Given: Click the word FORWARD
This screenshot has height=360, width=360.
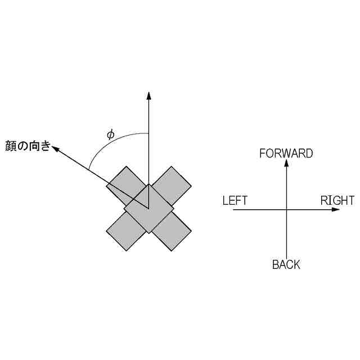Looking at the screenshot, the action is pyautogui.click(x=286, y=153).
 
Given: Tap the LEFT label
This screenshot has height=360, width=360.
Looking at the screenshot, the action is pyautogui.click(x=235, y=200).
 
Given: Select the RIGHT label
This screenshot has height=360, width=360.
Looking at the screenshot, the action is pyautogui.click(x=337, y=200).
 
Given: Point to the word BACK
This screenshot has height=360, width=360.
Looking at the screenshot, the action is pyautogui.click(x=286, y=264).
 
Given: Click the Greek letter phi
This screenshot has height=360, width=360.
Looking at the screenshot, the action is pyautogui.click(x=110, y=134).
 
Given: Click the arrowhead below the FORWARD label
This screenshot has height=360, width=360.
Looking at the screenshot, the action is pyautogui.click(x=287, y=163).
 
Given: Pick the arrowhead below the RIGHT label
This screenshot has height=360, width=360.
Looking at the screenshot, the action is pyautogui.click(x=336, y=209).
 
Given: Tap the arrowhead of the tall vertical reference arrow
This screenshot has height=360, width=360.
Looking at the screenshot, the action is pyautogui.click(x=149, y=95).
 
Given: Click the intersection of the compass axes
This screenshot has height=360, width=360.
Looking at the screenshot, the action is pyautogui.click(x=287, y=209).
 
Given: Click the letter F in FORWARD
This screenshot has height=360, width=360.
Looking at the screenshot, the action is pyautogui.click(x=263, y=153).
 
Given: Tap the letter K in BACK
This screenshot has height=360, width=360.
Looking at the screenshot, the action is pyautogui.click(x=297, y=264).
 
